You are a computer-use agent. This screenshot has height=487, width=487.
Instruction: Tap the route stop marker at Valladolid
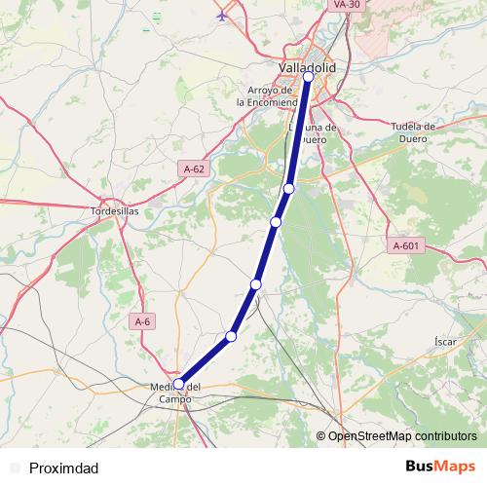(x=309, y=76)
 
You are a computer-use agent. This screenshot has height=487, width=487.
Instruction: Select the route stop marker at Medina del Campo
(x=179, y=384)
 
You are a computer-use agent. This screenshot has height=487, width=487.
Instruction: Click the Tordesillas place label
(x=115, y=210)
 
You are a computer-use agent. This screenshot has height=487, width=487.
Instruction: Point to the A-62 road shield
(x=195, y=169)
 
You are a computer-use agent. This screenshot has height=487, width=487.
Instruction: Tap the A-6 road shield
(x=143, y=321)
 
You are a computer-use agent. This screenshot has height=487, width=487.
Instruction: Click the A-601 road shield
(x=406, y=245)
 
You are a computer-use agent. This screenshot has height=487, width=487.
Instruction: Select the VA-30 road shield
(x=347, y=5)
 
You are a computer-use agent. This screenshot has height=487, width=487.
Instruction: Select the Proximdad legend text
(x=63, y=468)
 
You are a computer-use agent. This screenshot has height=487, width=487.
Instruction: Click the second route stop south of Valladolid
(x=277, y=223)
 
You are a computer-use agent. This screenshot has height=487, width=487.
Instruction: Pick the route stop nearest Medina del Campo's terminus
(x=232, y=336)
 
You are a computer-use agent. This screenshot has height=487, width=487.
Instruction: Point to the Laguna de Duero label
(x=314, y=132)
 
